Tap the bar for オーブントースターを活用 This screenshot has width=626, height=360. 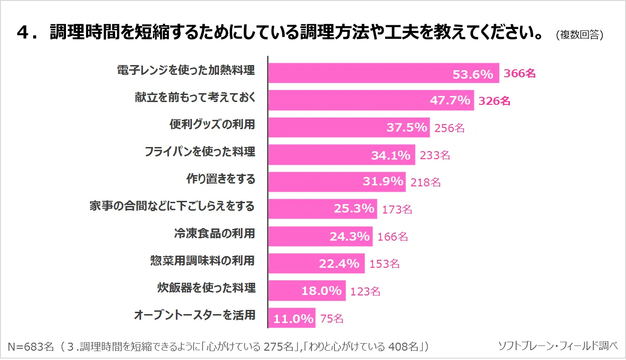pos(292,318)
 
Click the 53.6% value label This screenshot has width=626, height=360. pos(473,74)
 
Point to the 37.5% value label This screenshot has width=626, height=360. pos(407,127)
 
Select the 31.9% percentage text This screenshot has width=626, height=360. pos(383,182)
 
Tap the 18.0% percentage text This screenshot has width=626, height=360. pos(321,291)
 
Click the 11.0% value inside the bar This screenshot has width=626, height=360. pos(293,319)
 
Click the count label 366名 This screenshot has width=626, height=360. pos(519,73)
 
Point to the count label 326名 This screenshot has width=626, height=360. pos(495,101)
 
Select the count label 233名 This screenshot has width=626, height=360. pos(435,155)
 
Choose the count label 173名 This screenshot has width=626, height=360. pos(397,209)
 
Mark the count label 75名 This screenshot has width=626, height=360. pos(332,319)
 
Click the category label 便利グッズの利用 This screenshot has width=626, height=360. pos(212,125)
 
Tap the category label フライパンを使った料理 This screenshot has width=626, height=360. pos(200,152)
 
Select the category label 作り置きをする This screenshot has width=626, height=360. pos(221,179)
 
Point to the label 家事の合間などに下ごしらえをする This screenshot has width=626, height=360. pos(172,206)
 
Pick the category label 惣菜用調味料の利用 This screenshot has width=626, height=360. pos(203,260)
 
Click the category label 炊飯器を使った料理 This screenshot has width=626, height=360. pos(206,287)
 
